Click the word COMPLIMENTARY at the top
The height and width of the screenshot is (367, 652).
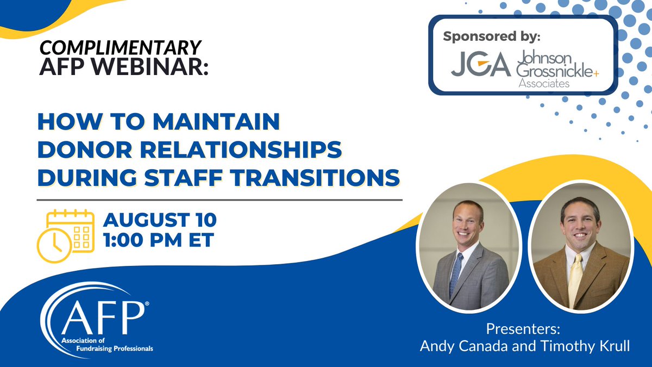pos(121,48)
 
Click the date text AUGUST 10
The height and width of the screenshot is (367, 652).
pos(160,220)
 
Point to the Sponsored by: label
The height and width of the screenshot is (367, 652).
pos(493,37)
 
